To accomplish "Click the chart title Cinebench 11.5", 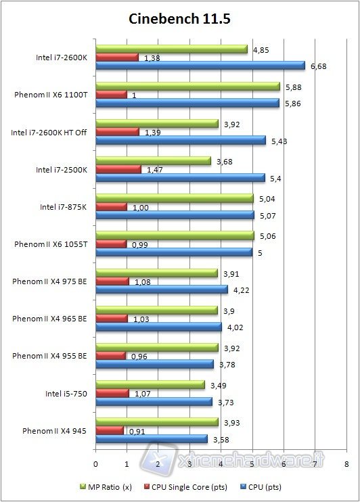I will pyautogui.click(x=179, y=19).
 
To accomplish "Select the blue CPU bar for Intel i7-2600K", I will pyautogui.click(x=200, y=66).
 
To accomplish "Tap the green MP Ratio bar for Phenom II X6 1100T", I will pyautogui.click(x=187, y=86).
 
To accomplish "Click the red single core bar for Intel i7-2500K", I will pyautogui.click(x=118, y=169).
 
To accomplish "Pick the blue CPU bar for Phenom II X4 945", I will pyautogui.click(x=152, y=438).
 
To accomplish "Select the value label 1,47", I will pyautogui.click(x=155, y=169).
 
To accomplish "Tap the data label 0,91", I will pyautogui.click(x=137, y=430).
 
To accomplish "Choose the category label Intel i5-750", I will pyautogui.click(x=66, y=392).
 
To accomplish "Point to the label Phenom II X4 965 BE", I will pyautogui.click(x=49, y=318).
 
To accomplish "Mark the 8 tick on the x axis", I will pyautogui.click(x=346, y=464).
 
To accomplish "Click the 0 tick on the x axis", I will pyautogui.click(x=95, y=464).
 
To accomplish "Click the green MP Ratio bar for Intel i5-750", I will pyautogui.click(x=150, y=384).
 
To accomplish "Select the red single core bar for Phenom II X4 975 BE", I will pyautogui.click(x=112, y=281).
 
